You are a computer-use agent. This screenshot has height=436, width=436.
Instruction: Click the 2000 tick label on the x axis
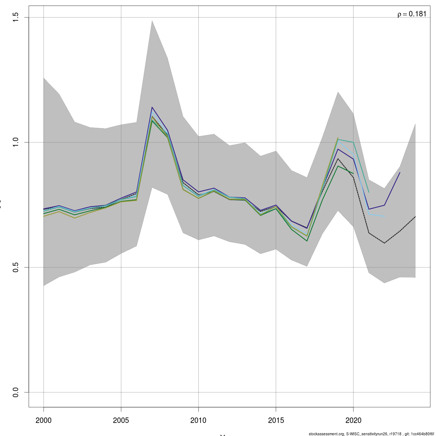(x=44, y=420)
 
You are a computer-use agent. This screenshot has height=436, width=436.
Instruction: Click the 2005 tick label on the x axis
(x=121, y=420)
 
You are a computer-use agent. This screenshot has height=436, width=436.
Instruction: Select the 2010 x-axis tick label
(x=198, y=420)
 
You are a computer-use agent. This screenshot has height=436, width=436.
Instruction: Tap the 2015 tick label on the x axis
(x=276, y=420)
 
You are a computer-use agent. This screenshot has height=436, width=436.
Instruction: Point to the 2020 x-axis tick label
(x=353, y=420)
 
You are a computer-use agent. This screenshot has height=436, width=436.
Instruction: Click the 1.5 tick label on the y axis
(x=15, y=17)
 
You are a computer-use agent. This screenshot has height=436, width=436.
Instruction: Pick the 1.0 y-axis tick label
(x=15, y=142)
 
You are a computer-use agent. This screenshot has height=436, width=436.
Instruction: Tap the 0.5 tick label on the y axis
(x=15, y=267)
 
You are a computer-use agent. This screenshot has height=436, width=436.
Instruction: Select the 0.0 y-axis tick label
(x=15, y=392)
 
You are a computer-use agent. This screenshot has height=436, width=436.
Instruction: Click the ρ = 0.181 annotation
(x=412, y=14)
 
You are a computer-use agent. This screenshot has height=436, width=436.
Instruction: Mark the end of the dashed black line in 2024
(x=415, y=217)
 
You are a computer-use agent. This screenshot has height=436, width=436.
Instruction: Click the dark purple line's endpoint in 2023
(x=400, y=173)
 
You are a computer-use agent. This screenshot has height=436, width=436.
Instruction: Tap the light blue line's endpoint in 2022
(x=384, y=217)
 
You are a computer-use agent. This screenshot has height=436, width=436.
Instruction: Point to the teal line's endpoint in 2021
(x=369, y=192)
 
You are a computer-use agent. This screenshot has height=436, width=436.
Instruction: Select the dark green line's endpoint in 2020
(x=353, y=174)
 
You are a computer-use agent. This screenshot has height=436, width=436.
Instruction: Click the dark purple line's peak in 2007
(x=152, y=107)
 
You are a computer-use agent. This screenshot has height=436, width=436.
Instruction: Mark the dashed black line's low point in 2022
(x=384, y=243)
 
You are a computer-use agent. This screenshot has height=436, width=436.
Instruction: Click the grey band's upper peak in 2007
(x=152, y=20)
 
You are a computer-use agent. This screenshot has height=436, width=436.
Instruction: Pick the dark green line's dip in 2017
(x=307, y=241)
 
